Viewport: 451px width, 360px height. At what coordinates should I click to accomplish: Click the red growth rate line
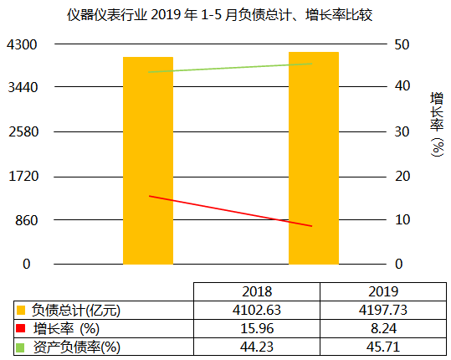pos(230,211)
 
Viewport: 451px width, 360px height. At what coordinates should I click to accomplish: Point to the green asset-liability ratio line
pos(230,68)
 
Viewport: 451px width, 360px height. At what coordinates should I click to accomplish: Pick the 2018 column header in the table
pos(256,292)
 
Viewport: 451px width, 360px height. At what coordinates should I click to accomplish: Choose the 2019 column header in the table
pos(382,292)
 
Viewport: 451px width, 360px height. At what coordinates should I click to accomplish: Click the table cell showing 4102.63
pos(256,310)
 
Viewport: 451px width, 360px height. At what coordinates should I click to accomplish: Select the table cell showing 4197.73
pos(382,310)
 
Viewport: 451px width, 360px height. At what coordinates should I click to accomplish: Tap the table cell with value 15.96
pos(256,327)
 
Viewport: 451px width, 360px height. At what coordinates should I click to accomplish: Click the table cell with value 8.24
pos(382,327)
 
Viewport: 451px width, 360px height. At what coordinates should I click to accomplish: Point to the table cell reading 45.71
pos(382,345)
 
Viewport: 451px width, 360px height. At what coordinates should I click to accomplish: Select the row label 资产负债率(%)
pos(76,345)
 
